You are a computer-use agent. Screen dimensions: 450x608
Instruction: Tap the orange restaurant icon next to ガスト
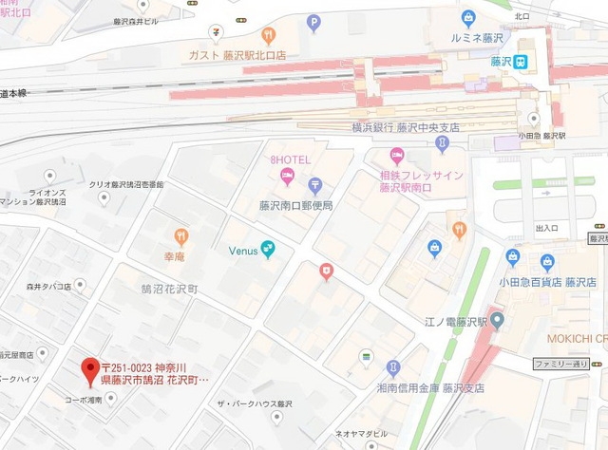pos(270,36)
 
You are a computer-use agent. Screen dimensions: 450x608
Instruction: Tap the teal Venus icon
pos(270,249)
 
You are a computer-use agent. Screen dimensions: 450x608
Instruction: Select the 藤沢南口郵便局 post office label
pos(291,204)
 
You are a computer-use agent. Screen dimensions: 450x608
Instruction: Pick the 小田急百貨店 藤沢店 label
pos(533,282)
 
